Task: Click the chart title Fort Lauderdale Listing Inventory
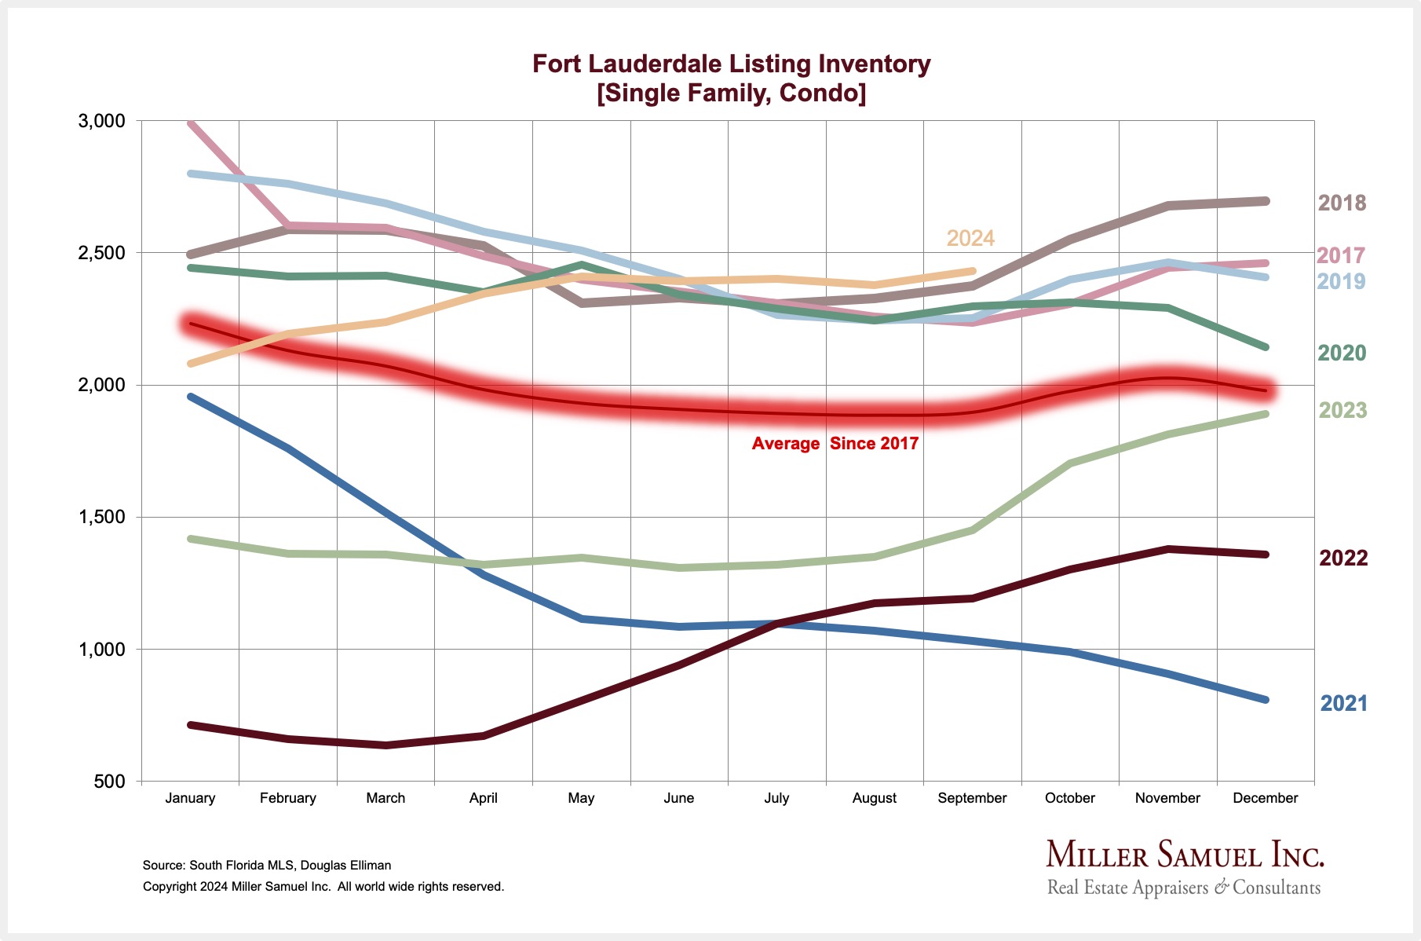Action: click(x=731, y=64)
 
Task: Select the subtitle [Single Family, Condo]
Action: click(x=731, y=93)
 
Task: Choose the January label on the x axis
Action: click(x=190, y=798)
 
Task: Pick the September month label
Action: click(x=972, y=798)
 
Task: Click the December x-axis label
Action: click(x=1265, y=798)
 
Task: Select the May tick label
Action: click(x=581, y=798)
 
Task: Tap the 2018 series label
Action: click(x=1342, y=203)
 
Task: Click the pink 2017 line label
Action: click(x=1341, y=255)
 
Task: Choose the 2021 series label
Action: click(x=1344, y=703)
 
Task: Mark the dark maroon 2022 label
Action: click(x=1343, y=558)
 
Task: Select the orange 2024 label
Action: click(x=970, y=238)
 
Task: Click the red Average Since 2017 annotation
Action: click(x=835, y=444)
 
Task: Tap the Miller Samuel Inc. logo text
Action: click(x=1185, y=855)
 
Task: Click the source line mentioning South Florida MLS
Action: click(x=267, y=866)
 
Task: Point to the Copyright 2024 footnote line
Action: click(x=323, y=887)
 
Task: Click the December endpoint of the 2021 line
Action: click(x=1265, y=699)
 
